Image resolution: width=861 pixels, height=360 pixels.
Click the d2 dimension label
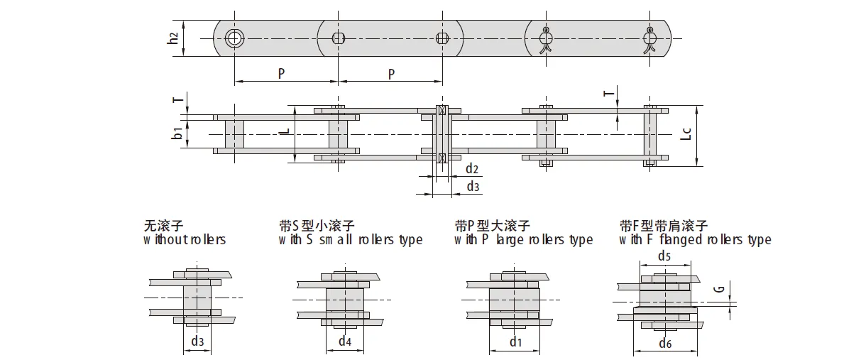(x=472, y=169)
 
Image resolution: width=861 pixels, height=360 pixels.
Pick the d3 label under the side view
(x=473, y=186)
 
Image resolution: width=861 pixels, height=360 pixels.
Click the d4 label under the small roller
(x=344, y=342)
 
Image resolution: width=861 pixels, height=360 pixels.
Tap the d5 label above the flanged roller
(x=664, y=256)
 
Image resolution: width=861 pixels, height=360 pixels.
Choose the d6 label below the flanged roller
(x=665, y=344)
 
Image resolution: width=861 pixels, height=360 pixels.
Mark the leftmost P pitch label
(x=282, y=73)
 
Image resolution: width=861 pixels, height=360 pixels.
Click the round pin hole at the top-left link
(x=234, y=38)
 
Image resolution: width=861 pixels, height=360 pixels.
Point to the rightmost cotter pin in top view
(x=650, y=40)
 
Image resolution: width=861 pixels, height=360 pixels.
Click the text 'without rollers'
(x=185, y=240)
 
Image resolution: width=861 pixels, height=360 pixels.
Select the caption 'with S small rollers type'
(x=351, y=240)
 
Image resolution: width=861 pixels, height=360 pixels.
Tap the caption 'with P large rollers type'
(x=524, y=240)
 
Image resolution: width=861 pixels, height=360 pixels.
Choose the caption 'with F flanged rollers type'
(x=695, y=240)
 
